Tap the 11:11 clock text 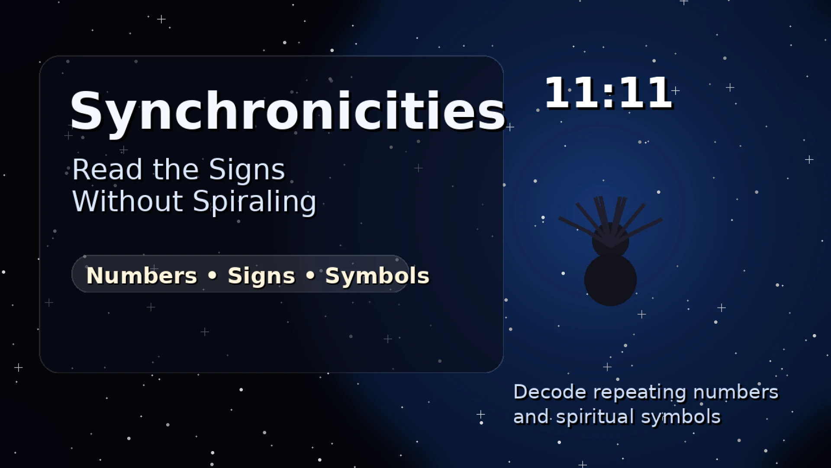click(608, 92)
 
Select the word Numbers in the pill click(142, 276)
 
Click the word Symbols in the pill click(377, 276)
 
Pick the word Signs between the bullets click(261, 276)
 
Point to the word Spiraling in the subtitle click(254, 202)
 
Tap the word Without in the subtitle click(128, 201)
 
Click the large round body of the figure click(610, 280)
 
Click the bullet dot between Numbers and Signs click(213, 275)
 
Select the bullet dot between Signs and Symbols click(310, 275)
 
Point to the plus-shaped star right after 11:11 click(676, 91)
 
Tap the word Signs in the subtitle click(247, 170)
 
